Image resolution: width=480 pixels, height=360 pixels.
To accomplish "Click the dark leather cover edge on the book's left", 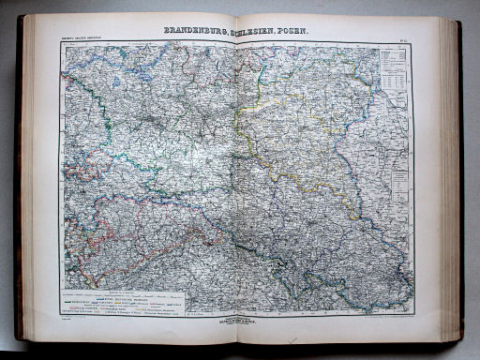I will [19, 187].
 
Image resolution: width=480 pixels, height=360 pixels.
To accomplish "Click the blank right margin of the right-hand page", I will [427, 187].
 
